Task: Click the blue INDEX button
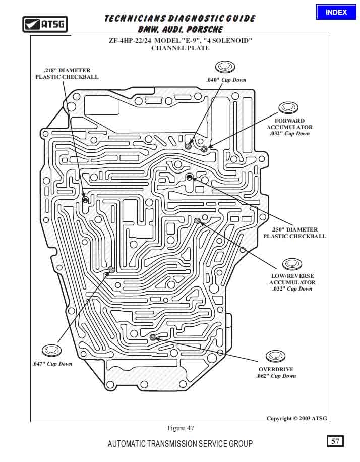click(336, 12)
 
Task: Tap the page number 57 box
click(335, 441)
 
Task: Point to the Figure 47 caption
click(181, 428)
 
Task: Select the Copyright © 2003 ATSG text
click(297, 418)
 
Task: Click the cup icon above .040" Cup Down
click(225, 67)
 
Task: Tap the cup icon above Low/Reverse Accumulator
click(292, 264)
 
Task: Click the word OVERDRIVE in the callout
click(276, 369)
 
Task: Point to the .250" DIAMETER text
click(294, 229)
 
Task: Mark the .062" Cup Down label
click(276, 376)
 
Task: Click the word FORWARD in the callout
click(289, 121)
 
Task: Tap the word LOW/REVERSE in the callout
click(292, 276)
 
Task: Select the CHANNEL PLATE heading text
click(181, 48)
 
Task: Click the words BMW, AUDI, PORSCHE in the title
click(180, 29)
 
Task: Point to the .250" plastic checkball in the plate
click(189, 177)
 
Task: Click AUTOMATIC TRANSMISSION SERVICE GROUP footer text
click(180, 444)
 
